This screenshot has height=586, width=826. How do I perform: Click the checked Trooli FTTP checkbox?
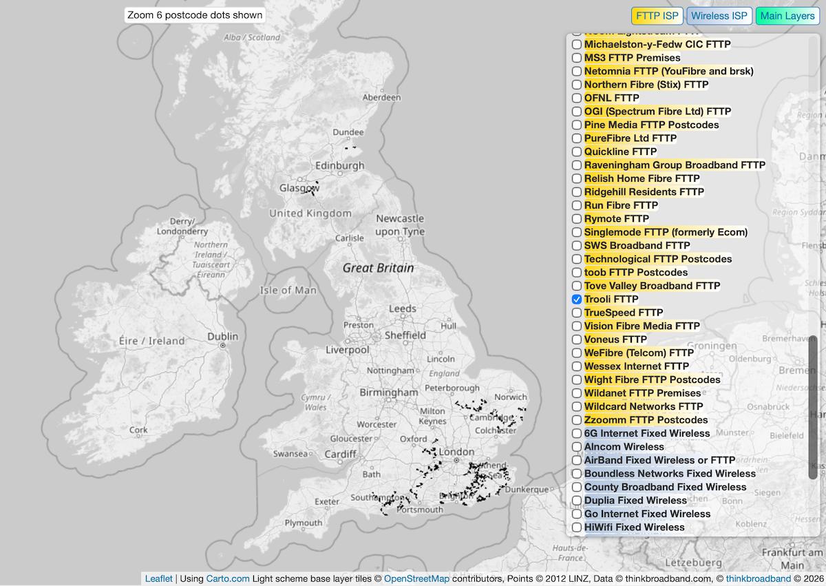click(577, 300)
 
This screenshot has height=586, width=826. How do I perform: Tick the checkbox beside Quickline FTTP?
click(577, 151)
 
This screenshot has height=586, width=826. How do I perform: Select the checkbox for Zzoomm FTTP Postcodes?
click(577, 420)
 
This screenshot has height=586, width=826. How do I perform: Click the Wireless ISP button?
click(719, 16)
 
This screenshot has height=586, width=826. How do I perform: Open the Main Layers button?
click(787, 16)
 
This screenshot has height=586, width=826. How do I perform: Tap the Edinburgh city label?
click(339, 166)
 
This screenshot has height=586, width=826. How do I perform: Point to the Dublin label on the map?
click(222, 337)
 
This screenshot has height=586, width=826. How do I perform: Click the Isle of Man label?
click(288, 290)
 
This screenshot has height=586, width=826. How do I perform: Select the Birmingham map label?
click(388, 393)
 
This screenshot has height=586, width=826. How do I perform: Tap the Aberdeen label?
click(381, 98)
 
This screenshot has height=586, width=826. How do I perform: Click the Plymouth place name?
click(303, 523)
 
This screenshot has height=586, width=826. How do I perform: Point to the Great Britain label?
click(378, 268)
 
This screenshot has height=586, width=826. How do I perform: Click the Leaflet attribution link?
click(158, 578)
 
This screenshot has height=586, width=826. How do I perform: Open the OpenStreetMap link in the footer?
click(416, 578)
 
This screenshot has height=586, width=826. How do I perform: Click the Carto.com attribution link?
click(227, 578)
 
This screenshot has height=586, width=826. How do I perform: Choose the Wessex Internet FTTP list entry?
click(636, 366)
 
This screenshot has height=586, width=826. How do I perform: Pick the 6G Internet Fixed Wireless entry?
click(646, 433)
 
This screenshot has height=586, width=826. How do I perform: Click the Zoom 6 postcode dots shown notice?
click(195, 15)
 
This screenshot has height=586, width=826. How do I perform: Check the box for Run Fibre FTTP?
click(577, 205)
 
